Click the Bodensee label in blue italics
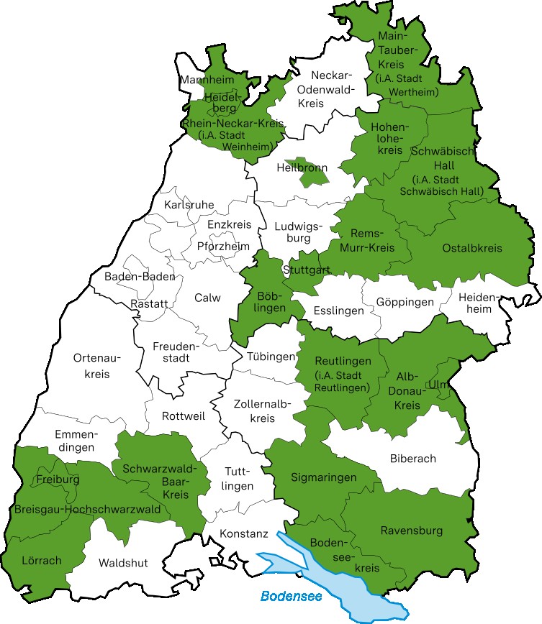(x=291, y=596)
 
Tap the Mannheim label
(x=207, y=79)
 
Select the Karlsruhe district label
(x=189, y=205)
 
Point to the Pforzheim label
(x=223, y=246)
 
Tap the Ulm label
(x=437, y=385)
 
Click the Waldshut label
(x=123, y=563)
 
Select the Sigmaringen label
(x=324, y=477)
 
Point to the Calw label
(x=207, y=298)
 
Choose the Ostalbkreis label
(x=472, y=248)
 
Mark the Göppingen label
(x=405, y=302)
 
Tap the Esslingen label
(x=338, y=311)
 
